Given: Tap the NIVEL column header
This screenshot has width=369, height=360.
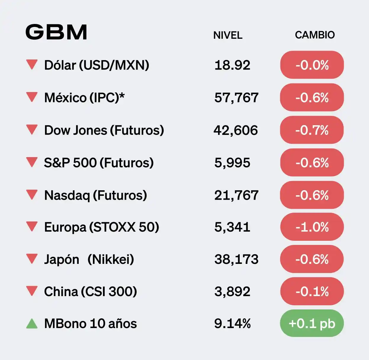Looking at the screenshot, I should (228, 35).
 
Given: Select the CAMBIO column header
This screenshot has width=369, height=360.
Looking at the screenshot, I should (315, 35).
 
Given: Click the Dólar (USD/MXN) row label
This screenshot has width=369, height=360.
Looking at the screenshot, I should (96, 65).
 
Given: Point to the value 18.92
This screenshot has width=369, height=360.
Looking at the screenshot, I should (232, 65).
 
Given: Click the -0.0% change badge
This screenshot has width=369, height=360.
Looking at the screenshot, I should (312, 65).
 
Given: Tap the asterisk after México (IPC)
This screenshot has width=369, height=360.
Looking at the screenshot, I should (122, 95).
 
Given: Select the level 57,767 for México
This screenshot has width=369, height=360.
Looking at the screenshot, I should (236, 98).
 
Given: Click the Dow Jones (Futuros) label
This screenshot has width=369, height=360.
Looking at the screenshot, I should (104, 130).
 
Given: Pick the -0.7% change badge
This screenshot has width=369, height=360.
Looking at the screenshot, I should (312, 130).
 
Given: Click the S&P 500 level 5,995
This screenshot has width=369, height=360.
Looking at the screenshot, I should (232, 163).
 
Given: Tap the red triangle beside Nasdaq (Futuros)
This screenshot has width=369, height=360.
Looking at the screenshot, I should (32, 195).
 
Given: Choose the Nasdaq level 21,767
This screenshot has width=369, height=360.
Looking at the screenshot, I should (236, 195).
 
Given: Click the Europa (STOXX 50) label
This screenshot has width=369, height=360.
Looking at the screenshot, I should (101, 227).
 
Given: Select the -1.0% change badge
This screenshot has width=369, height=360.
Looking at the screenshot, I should (312, 227).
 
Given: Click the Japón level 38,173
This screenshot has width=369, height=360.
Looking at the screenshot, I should (236, 259).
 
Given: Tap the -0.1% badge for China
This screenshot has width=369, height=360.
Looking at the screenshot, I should (312, 292).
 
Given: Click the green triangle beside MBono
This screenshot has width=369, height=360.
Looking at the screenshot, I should (32, 324).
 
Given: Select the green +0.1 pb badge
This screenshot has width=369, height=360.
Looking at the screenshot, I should (312, 324).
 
